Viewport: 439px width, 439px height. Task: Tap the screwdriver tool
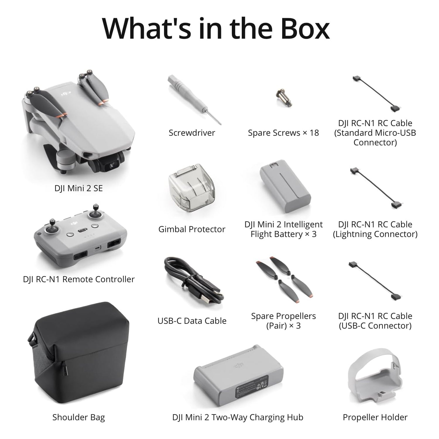click(194, 100)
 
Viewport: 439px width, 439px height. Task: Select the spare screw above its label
click(284, 97)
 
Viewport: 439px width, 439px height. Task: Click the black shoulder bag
click(79, 351)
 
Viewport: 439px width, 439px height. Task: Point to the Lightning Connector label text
click(375, 234)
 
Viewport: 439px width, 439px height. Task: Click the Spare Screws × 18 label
click(283, 133)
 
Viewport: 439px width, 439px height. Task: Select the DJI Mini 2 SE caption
click(78, 188)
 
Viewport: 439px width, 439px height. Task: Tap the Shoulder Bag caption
click(78, 417)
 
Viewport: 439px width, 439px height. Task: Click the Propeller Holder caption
click(375, 417)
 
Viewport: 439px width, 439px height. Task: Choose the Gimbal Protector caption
click(192, 229)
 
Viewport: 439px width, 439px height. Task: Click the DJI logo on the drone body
click(66, 94)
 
